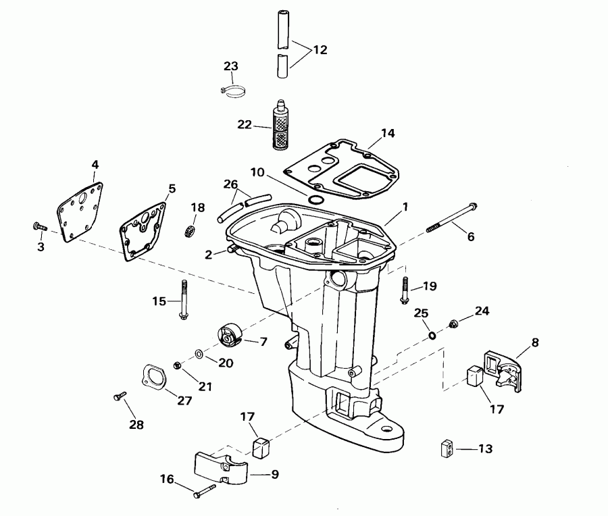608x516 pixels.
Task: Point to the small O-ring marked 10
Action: tap(314, 199)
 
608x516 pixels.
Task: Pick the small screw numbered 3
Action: tap(38, 227)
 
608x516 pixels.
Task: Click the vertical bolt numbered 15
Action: tap(182, 301)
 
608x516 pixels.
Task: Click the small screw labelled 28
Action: tap(120, 397)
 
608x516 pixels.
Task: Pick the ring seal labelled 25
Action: tap(432, 336)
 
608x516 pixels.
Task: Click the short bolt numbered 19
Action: tap(405, 289)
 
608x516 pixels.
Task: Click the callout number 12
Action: tap(320, 49)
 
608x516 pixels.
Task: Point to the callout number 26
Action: tap(230, 184)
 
